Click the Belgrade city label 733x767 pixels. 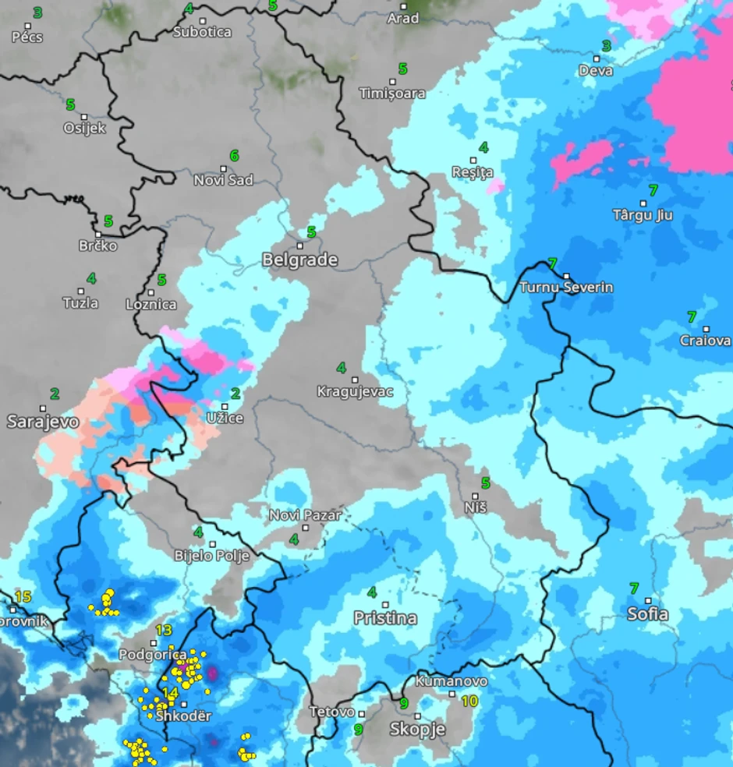[x=299, y=260]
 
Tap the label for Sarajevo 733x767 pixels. [x=43, y=422]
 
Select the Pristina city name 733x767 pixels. [x=385, y=618]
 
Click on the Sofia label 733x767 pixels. [x=648, y=614]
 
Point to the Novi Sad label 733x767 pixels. [x=223, y=180]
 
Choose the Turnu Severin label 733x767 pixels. [x=566, y=288]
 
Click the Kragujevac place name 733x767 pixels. [x=355, y=392]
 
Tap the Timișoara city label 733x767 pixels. [x=392, y=94]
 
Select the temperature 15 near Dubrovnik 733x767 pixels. [x=23, y=597]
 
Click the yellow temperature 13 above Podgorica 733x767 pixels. [x=163, y=631]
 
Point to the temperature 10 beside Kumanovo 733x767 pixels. [x=469, y=702]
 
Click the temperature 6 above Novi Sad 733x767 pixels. [x=234, y=156]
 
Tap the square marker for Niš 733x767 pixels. [x=476, y=496]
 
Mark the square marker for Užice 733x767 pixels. [x=225, y=406]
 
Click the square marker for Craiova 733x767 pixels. [x=706, y=329]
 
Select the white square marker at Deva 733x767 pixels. [x=597, y=58]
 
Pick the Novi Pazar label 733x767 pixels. [x=295, y=515]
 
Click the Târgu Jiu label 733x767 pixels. [x=643, y=215]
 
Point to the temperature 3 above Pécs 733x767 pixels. [x=37, y=13]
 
